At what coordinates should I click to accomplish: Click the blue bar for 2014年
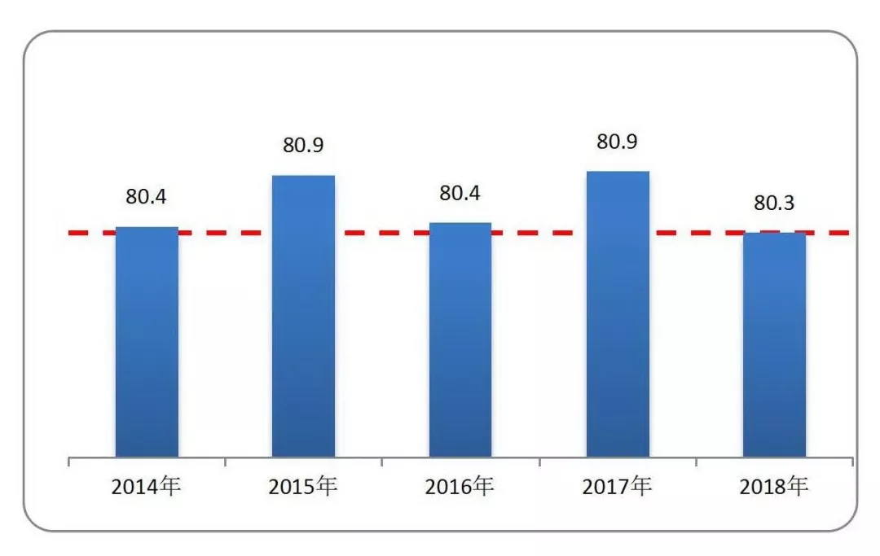147,342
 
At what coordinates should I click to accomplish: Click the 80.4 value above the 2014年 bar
146,197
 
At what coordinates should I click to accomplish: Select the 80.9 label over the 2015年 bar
304,146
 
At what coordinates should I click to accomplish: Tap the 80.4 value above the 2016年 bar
460,193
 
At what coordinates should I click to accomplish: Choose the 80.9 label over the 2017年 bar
618,142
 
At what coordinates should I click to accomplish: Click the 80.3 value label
774,203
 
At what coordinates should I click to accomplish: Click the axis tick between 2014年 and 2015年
225,462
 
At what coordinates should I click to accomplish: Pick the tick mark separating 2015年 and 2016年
382,462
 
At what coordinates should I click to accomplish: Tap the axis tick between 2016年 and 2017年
539,462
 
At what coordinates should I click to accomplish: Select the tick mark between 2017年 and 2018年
696,462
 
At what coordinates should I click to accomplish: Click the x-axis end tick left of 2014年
68,462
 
